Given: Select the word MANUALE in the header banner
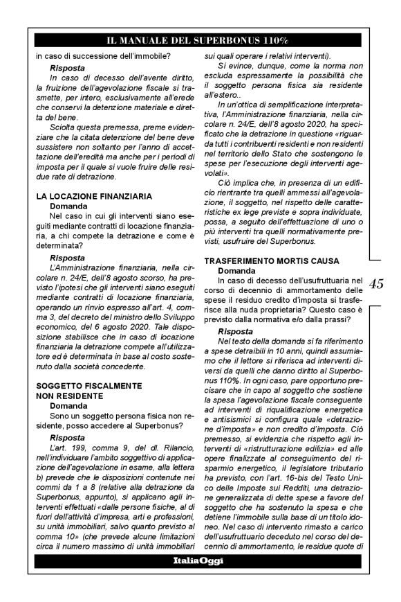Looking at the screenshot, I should (x=158, y=40).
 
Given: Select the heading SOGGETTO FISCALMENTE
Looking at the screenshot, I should (x=89, y=384).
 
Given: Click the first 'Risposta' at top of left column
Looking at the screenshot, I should (x=67, y=69).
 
